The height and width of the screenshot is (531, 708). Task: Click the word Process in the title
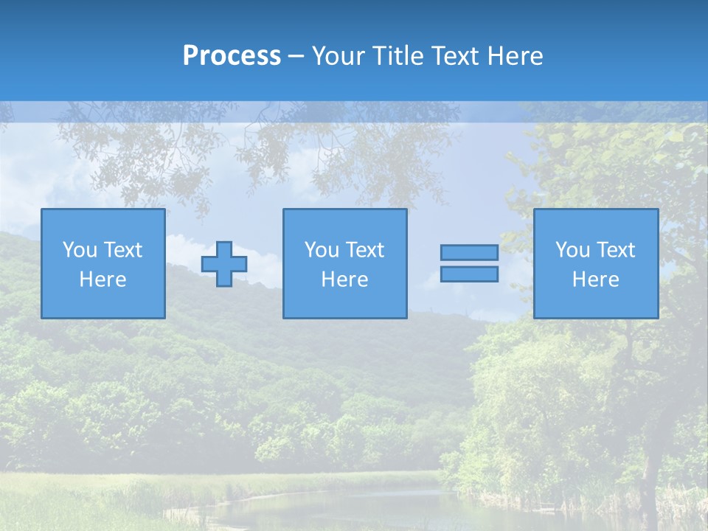tap(232, 56)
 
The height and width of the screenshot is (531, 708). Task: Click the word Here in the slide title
tap(516, 56)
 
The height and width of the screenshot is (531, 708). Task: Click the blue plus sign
tap(224, 264)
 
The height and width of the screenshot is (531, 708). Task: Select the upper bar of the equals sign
tap(469, 253)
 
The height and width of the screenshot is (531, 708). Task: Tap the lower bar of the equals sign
tap(469, 274)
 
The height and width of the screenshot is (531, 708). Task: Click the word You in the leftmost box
tap(79, 250)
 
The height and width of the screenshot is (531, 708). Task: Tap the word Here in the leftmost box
tap(103, 280)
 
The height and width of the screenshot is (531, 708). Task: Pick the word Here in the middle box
tap(344, 280)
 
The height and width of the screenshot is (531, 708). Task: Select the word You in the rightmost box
tap(572, 250)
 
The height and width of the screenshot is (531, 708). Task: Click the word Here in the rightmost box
tap(595, 280)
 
